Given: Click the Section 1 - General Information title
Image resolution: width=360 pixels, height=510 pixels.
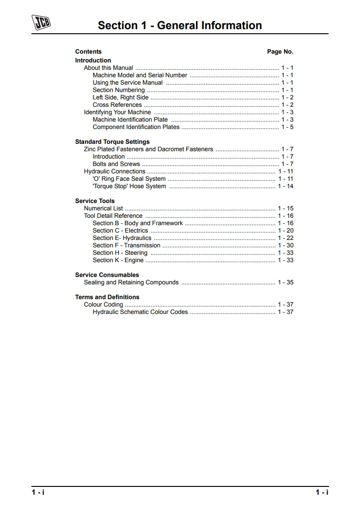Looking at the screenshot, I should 180,25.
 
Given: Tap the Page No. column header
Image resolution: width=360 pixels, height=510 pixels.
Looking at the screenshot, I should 280,52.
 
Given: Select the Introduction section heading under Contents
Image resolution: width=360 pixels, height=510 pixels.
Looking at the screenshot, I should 93,61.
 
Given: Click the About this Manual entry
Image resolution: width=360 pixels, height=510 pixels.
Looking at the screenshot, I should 108,68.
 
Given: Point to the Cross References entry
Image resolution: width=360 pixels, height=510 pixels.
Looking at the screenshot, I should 117,105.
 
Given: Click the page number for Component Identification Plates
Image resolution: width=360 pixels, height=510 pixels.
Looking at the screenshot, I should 287,127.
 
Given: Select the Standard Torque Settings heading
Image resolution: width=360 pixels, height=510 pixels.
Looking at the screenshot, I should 112,142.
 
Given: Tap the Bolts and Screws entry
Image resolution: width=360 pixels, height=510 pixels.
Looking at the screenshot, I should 116,164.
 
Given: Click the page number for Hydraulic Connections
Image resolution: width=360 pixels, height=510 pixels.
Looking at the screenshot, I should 286,172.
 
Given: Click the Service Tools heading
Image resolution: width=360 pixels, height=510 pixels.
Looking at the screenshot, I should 95,201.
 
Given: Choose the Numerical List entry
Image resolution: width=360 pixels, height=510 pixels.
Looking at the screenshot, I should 103,209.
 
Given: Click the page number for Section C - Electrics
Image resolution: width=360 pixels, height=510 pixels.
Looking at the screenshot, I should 286,231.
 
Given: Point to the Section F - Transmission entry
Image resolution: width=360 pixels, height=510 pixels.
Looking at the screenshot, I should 126,246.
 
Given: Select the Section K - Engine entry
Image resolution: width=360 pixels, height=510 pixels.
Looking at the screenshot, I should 118,260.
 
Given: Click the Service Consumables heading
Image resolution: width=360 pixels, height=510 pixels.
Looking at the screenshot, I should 107,275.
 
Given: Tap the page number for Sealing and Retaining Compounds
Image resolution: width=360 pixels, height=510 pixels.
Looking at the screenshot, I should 286,283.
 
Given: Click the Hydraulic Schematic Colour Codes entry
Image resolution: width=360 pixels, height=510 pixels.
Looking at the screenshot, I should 140,312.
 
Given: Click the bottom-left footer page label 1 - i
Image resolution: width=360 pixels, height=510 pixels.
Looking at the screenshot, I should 38,492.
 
